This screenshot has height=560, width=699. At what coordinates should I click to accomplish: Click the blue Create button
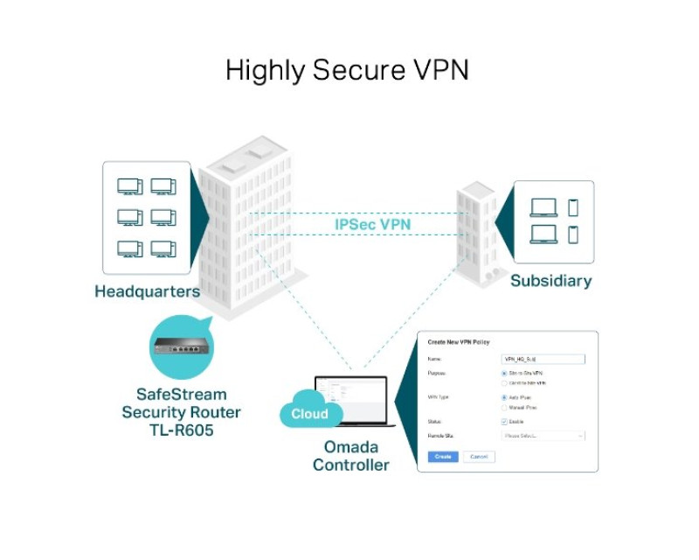(442, 457)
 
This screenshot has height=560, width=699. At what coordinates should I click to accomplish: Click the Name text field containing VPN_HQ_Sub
(543, 359)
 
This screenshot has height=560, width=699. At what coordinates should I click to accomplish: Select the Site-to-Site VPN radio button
(504, 373)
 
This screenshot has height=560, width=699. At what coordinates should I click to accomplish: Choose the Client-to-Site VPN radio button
(504, 383)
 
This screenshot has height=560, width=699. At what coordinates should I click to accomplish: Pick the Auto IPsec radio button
(504, 397)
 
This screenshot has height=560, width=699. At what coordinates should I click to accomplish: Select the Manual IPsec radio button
(504, 408)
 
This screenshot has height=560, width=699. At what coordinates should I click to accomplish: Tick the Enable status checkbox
(504, 422)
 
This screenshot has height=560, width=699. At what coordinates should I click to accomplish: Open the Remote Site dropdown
(543, 436)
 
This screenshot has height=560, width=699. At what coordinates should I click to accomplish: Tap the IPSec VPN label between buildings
(373, 225)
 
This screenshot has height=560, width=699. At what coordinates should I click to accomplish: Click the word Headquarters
(147, 291)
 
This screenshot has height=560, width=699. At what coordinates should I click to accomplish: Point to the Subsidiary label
(550, 281)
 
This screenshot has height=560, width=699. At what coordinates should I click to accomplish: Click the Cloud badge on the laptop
(309, 414)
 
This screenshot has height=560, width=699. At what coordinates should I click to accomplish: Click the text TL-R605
(181, 430)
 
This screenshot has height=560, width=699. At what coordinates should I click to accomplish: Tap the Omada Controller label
(349, 456)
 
